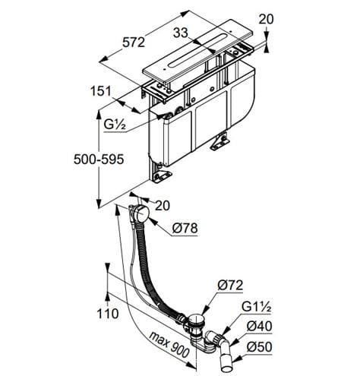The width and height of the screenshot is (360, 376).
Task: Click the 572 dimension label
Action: (x=134, y=43)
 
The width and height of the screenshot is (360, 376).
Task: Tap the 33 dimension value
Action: (x=181, y=33)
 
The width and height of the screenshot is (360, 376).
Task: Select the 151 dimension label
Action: (x=101, y=91)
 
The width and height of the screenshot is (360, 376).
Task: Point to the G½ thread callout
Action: (x=115, y=125)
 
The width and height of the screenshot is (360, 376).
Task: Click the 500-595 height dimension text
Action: (x=99, y=160)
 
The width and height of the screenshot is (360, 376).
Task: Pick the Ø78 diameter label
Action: (x=185, y=229)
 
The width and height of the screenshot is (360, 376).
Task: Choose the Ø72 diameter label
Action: (x=230, y=286)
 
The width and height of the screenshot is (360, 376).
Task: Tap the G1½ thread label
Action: (x=257, y=307)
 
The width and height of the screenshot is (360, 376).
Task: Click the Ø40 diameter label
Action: (x=260, y=327)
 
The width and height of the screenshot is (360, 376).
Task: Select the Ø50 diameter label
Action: (x=260, y=347)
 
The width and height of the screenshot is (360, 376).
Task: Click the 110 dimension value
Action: (x=108, y=314)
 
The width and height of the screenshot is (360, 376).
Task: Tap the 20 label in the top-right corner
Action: (x=266, y=19)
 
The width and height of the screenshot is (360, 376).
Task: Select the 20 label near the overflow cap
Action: (x=163, y=206)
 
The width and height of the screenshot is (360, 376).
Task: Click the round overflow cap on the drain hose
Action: (x=141, y=214)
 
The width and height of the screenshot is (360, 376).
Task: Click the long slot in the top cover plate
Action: (x=197, y=50)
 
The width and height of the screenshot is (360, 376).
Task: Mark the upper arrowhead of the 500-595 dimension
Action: (x=99, y=115)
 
